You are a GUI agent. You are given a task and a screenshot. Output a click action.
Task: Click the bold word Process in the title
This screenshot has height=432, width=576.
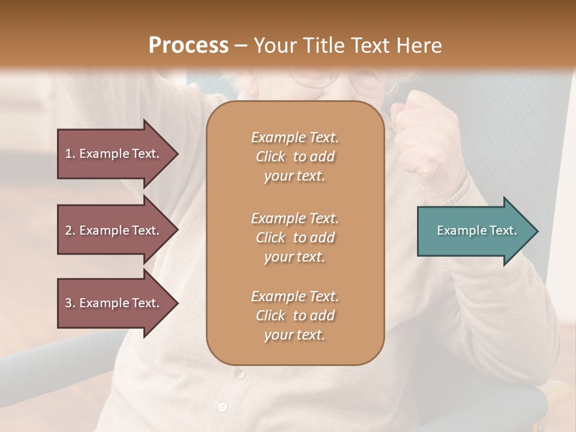click(x=188, y=46)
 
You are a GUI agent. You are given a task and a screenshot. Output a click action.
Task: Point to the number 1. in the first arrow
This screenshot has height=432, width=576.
click(x=70, y=154)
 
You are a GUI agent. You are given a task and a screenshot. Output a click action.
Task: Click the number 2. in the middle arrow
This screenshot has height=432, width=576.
click(x=70, y=230)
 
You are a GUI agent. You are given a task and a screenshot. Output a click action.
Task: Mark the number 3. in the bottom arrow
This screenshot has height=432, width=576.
click(x=70, y=303)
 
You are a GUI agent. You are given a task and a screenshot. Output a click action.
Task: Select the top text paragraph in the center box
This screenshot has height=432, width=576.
click(x=295, y=157)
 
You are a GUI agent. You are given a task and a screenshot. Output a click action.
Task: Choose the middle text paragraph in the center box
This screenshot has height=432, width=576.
click(x=295, y=238)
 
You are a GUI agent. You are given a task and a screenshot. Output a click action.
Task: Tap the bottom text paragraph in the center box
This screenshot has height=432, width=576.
click(x=295, y=316)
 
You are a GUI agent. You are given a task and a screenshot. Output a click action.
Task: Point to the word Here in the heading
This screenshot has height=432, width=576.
click(x=420, y=46)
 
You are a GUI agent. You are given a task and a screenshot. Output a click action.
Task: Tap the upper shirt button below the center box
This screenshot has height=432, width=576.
click(x=241, y=375)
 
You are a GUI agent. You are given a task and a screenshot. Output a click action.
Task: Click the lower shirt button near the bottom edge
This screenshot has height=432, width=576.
click(x=223, y=407)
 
